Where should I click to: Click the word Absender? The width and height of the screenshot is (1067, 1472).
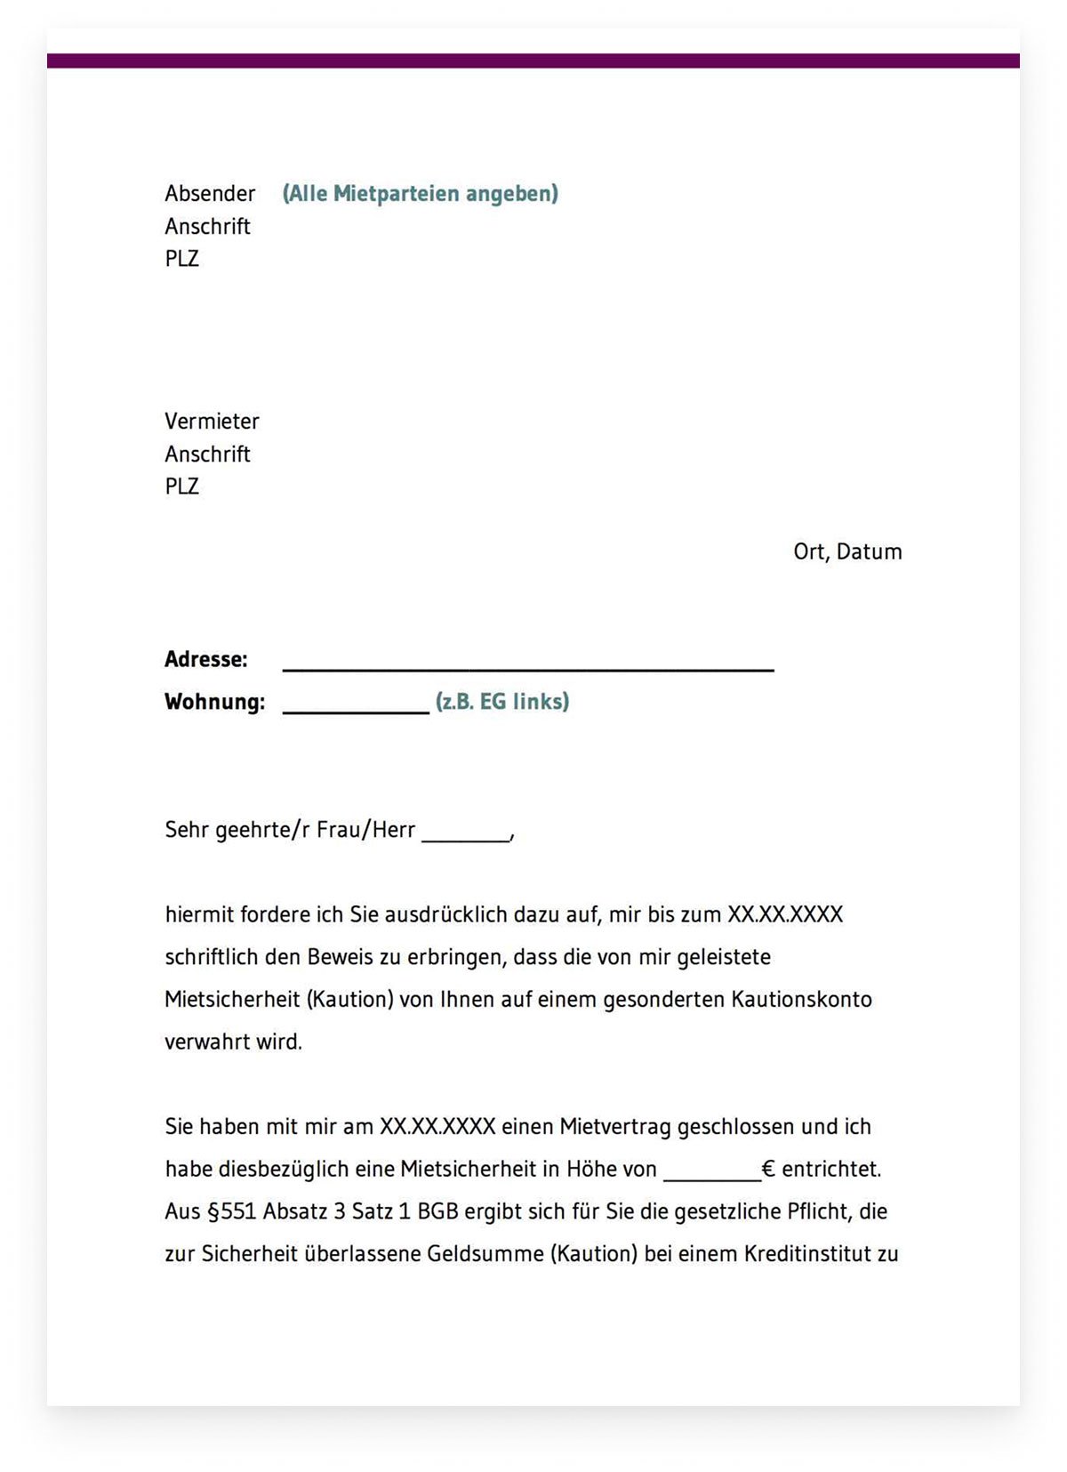[210, 194]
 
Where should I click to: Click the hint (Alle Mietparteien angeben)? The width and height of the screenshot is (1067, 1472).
[420, 194]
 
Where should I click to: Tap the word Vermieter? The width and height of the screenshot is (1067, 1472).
[212, 422]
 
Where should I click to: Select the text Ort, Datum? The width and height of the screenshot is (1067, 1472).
[847, 552]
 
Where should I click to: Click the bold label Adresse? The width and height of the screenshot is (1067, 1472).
[205, 660]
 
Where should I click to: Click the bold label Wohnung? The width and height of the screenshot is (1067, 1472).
[214, 703]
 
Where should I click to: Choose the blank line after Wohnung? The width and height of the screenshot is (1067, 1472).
[356, 710]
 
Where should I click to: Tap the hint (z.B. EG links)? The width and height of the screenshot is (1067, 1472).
[502, 702]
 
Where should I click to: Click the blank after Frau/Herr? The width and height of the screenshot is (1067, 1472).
[466, 837]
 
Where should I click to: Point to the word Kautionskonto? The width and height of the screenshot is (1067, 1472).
[801, 1000]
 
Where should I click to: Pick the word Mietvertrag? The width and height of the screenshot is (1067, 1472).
[614, 1128]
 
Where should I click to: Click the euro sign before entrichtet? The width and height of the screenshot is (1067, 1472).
[768, 1170]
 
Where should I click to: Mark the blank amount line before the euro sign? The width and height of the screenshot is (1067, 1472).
[712, 1177]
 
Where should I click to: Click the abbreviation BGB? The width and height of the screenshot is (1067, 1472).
[437, 1212]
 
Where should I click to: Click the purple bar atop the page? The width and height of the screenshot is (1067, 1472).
[533, 60]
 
